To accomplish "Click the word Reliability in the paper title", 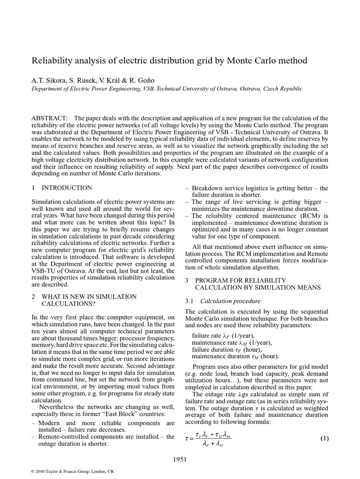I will coord(52,61).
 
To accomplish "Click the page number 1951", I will coord(180,459).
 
